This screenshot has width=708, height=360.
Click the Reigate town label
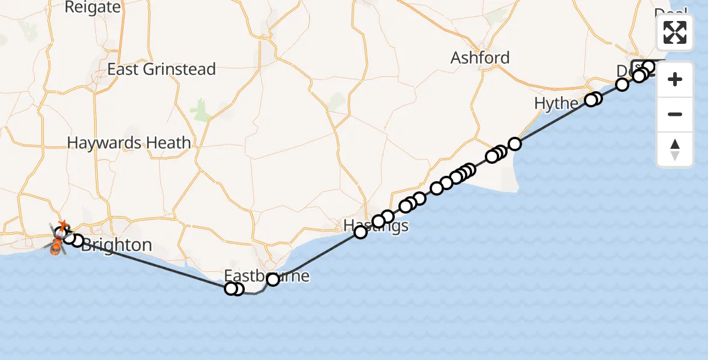[92, 8]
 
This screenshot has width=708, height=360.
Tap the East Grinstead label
[161, 70]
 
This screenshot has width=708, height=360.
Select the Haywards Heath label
[129, 143]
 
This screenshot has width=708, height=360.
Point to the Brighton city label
[116, 245]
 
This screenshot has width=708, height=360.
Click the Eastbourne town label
[267, 277]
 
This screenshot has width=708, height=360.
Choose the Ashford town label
[480, 58]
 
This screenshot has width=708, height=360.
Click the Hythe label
[556, 104]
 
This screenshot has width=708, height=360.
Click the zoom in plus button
[675, 80]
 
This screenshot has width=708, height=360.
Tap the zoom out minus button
[675, 115]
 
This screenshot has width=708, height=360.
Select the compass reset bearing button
[675, 149]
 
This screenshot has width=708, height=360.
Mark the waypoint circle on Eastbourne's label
[273, 279]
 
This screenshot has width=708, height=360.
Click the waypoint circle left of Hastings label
[361, 232]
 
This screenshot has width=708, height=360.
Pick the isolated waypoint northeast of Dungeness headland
[515, 144]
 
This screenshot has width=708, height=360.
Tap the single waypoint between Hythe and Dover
[622, 85]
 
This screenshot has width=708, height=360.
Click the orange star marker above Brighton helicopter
[62, 226]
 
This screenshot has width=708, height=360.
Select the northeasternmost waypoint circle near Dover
[649, 66]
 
